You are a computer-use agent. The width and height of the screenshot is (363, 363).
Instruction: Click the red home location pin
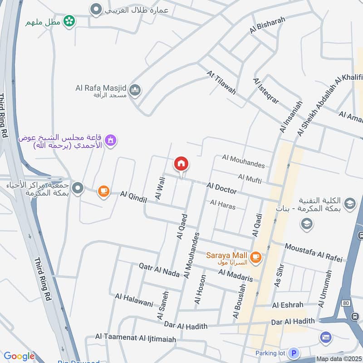[181, 164]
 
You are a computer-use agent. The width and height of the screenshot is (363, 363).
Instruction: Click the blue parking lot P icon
[294, 353]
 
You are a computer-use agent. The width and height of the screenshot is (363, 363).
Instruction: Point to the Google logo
[19, 356]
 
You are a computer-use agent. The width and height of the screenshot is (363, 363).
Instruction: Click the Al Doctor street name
[221, 187]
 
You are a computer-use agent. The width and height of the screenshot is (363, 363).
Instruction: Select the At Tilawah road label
[221, 82]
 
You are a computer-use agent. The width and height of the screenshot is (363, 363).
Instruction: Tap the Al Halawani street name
[134, 300]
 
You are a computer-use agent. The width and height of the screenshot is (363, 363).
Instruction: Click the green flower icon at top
[69, 21]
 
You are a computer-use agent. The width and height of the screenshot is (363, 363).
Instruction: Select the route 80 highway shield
[347, 303]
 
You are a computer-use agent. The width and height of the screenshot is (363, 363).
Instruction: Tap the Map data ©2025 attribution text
[338, 359]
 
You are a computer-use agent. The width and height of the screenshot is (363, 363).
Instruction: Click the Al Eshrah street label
[288, 305]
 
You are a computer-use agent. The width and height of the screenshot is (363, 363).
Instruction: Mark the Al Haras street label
[223, 205]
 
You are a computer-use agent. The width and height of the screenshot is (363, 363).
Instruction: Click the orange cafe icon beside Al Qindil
[104, 191]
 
